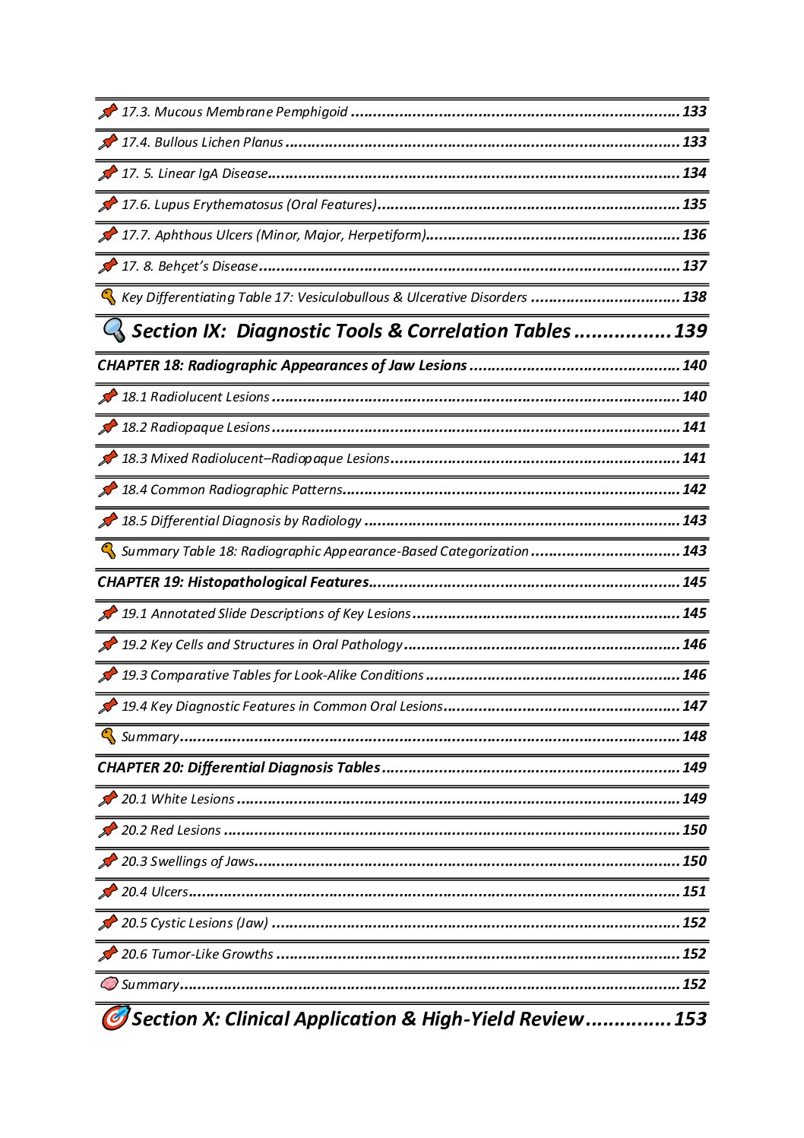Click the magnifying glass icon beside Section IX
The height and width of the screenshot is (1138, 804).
pos(114,330)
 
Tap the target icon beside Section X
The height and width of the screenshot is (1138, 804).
pos(115,1017)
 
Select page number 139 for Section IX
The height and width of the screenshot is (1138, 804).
pos(690,331)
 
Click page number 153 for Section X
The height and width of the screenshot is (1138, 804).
pos(690,1019)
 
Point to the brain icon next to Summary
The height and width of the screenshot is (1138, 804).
pos(109,984)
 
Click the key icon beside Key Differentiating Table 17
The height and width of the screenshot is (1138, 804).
pos(108,296)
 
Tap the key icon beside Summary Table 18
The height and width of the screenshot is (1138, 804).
pos(108,550)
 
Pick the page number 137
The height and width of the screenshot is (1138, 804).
pos(694,266)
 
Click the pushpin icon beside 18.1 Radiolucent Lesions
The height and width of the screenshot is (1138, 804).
pos(108,396)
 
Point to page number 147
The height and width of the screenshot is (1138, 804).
pos(694,706)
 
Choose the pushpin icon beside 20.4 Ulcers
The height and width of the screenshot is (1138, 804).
pos(108,891)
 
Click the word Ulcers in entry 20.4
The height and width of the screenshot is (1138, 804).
pos(169,892)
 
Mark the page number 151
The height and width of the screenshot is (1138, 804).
pos(694,892)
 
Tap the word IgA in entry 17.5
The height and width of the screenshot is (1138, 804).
pos(209,173)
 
